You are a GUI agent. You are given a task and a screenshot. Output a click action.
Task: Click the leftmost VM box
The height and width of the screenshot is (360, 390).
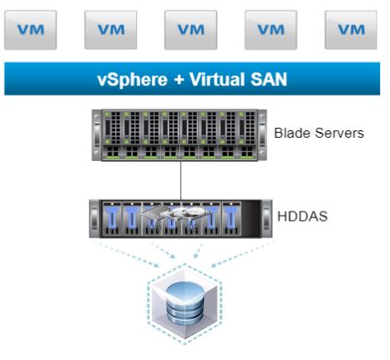(31, 30)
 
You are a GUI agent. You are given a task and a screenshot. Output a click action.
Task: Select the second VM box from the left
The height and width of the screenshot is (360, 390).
(110, 30)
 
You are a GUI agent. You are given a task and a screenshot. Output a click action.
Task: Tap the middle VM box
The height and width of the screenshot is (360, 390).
(191, 30)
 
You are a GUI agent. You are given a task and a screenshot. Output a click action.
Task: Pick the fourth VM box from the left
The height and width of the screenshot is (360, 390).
(271, 30)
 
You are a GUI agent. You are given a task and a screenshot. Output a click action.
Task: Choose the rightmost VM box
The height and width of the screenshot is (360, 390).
(351, 30)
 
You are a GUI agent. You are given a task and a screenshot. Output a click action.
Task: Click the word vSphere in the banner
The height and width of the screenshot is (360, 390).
(133, 80)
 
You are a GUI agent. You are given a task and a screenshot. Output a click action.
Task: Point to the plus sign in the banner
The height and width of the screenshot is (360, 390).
(179, 80)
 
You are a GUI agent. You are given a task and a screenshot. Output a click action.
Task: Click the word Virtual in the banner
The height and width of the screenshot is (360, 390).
(217, 79)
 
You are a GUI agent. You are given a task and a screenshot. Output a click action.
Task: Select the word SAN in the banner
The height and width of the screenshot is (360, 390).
(269, 80)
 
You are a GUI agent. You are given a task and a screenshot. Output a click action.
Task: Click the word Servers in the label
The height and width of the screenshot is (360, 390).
(339, 133)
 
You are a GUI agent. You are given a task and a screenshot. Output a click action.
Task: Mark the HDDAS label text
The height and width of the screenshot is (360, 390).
(302, 216)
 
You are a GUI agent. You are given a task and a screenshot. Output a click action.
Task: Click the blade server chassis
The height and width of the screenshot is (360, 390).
(179, 135)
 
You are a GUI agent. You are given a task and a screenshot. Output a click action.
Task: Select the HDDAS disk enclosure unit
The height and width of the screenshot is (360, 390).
(181, 218)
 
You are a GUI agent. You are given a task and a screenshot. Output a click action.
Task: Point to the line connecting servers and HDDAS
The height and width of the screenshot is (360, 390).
(181, 180)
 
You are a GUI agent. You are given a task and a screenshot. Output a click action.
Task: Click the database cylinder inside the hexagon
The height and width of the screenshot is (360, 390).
(185, 303)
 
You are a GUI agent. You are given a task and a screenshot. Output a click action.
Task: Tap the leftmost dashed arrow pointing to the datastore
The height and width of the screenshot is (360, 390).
(126, 255)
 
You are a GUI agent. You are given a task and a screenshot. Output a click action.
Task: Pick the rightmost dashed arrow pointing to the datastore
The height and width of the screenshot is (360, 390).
(243, 255)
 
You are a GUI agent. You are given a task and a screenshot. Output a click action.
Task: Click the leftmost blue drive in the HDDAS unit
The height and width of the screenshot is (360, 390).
(112, 219)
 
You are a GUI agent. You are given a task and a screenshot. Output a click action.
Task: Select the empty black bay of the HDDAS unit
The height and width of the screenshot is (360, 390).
(251, 218)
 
